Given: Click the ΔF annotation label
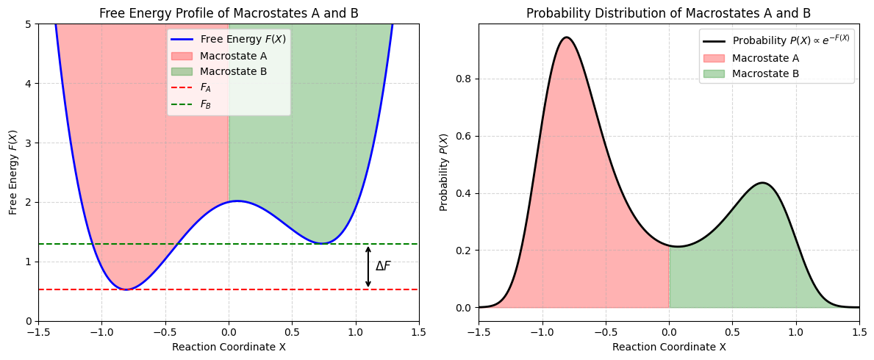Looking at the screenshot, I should click(383, 266).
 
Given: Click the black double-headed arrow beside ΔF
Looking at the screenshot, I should click(368, 267).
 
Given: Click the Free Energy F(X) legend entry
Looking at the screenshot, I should click(243, 40).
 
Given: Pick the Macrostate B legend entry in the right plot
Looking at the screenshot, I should click(765, 73).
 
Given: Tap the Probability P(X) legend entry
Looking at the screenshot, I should click(790, 40).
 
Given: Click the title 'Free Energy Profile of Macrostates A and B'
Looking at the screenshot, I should click(229, 12).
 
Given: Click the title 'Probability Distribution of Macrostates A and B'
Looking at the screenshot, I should click(668, 12).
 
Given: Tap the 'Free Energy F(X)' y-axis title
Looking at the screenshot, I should click(12, 172).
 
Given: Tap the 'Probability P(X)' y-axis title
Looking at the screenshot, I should click(444, 172).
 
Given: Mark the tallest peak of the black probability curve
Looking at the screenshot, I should click(566, 37).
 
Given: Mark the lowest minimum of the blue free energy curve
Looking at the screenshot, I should click(126, 289).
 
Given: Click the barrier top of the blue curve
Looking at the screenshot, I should click(237, 201).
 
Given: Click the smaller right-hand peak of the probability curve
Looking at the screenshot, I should click(762, 183).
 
